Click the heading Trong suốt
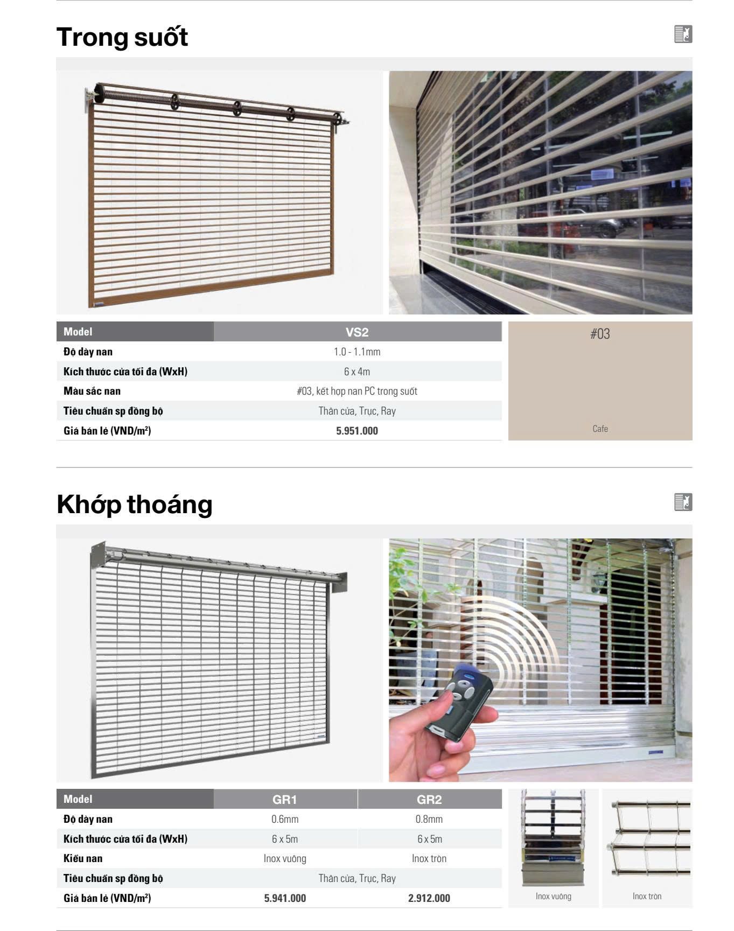[x=122, y=37]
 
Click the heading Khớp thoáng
[x=135, y=505]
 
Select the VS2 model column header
[x=357, y=332]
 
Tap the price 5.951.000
[x=357, y=431]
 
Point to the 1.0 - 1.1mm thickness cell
[x=357, y=352]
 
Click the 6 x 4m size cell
[x=357, y=372]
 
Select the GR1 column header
[x=285, y=799]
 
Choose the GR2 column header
[x=429, y=799]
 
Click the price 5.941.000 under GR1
[x=285, y=898]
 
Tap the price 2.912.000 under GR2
[x=429, y=898]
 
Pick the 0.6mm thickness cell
[x=285, y=819]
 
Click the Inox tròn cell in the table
[x=429, y=858]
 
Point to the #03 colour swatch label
[x=600, y=334]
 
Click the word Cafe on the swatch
[x=600, y=429]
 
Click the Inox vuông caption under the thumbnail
[x=554, y=896]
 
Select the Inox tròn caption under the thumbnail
[x=647, y=896]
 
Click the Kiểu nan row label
[x=83, y=858]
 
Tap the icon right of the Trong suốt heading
[x=683, y=34]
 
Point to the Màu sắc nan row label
[x=92, y=391]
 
